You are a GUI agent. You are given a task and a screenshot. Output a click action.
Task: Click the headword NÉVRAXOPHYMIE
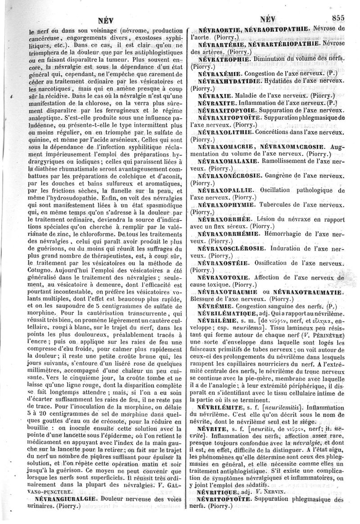[227, 203]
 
